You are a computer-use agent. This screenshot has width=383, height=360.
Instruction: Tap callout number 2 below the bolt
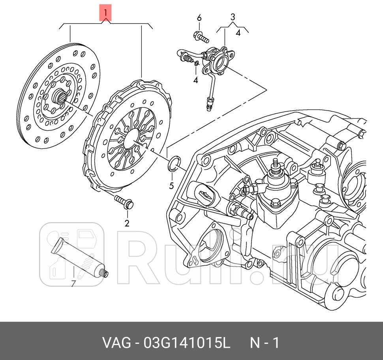click(x=127, y=223)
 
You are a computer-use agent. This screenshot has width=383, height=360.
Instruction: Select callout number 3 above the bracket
click(x=233, y=17)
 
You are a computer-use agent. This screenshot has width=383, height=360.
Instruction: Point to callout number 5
click(x=171, y=185)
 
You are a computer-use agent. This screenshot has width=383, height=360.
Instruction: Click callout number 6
click(x=199, y=18)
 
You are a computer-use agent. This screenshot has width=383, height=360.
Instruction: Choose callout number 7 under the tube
click(x=73, y=283)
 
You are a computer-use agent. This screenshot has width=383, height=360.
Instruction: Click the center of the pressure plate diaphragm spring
click(x=132, y=136)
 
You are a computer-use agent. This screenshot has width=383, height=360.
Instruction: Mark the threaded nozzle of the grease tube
click(x=105, y=273)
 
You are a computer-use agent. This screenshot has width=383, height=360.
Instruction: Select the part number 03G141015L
click(x=187, y=343)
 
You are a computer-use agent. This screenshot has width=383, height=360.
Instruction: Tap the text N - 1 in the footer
click(x=264, y=343)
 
